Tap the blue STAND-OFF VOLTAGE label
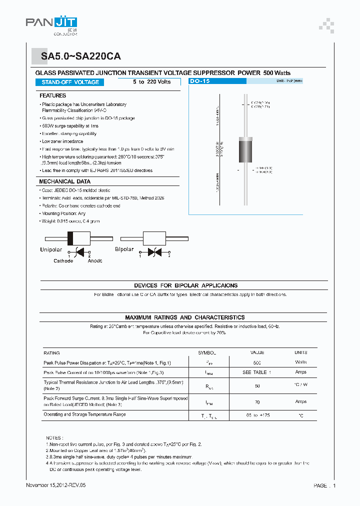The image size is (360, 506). coord(70,82)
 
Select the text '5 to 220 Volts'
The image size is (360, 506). coord(151,82)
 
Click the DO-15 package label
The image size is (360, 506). coord(200,81)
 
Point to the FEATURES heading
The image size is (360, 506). coord(52,95)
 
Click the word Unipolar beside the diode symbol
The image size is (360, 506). coord(51,249)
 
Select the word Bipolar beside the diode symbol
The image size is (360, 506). coord(124,249)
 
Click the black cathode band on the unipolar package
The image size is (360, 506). coord(71,238)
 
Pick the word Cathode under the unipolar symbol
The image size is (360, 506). coord(63,260)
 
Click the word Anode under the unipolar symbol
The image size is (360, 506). coord(95,260)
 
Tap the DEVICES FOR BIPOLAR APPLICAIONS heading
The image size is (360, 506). coord(185,285)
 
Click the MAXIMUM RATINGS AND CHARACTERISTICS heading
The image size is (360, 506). coord(184,317)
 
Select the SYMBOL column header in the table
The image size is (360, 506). coord(206,352)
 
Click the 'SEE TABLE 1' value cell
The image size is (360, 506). coord(257,372)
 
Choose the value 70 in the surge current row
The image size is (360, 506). coord(257,401)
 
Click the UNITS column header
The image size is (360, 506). coord(301,352)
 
